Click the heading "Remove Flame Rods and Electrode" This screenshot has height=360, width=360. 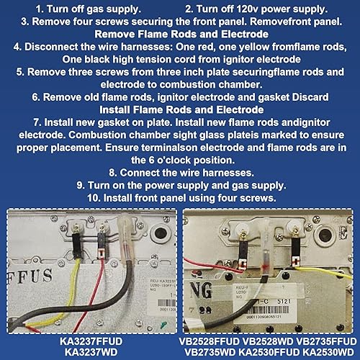tap(180, 34)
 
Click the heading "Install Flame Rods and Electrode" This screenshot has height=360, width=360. tap(180, 109)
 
